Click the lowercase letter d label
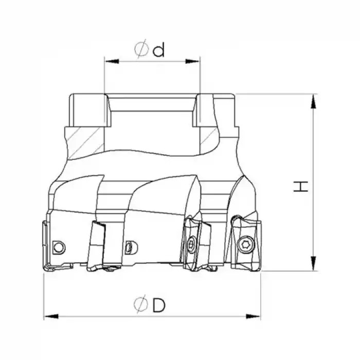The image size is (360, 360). (159, 50)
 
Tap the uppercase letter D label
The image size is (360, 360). (159, 305)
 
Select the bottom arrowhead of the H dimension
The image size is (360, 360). (313, 264)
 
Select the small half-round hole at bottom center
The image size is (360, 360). (130, 247)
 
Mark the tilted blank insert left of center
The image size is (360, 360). (96, 244)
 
